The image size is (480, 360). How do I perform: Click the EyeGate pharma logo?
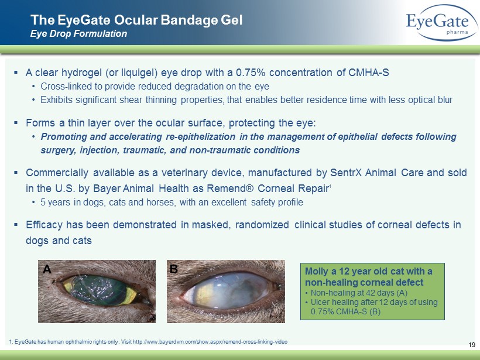click(x=441, y=23)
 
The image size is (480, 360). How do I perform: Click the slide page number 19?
click(x=472, y=345)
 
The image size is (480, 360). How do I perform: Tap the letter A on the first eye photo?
click(x=47, y=269)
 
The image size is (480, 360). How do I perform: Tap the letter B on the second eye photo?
click(x=174, y=269)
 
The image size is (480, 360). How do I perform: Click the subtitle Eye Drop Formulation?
click(x=78, y=34)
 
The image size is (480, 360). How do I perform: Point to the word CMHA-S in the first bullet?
click(x=369, y=73)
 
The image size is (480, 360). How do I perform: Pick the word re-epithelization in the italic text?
click(x=201, y=136)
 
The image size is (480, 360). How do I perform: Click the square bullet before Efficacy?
click(x=16, y=224)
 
